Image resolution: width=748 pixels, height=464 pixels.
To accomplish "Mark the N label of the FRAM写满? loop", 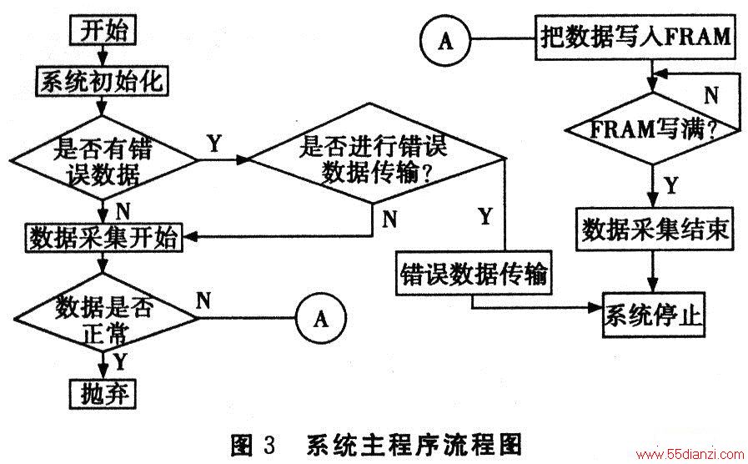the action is pyautogui.click(x=712, y=95).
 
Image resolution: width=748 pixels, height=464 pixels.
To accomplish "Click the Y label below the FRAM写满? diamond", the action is pyautogui.click(x=671, y=184).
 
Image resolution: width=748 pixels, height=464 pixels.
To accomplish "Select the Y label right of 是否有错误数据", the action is pyautogui.click(x=214, y=143).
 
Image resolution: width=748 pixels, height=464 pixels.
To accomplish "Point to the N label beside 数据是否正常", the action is pyautogui.click(x=203, y=300).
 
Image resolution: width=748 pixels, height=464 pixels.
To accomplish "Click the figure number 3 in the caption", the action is pyautogui.click(x=269, y=445).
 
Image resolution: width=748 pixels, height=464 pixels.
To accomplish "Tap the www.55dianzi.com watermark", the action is pyautogui.click(x=690, y=453).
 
